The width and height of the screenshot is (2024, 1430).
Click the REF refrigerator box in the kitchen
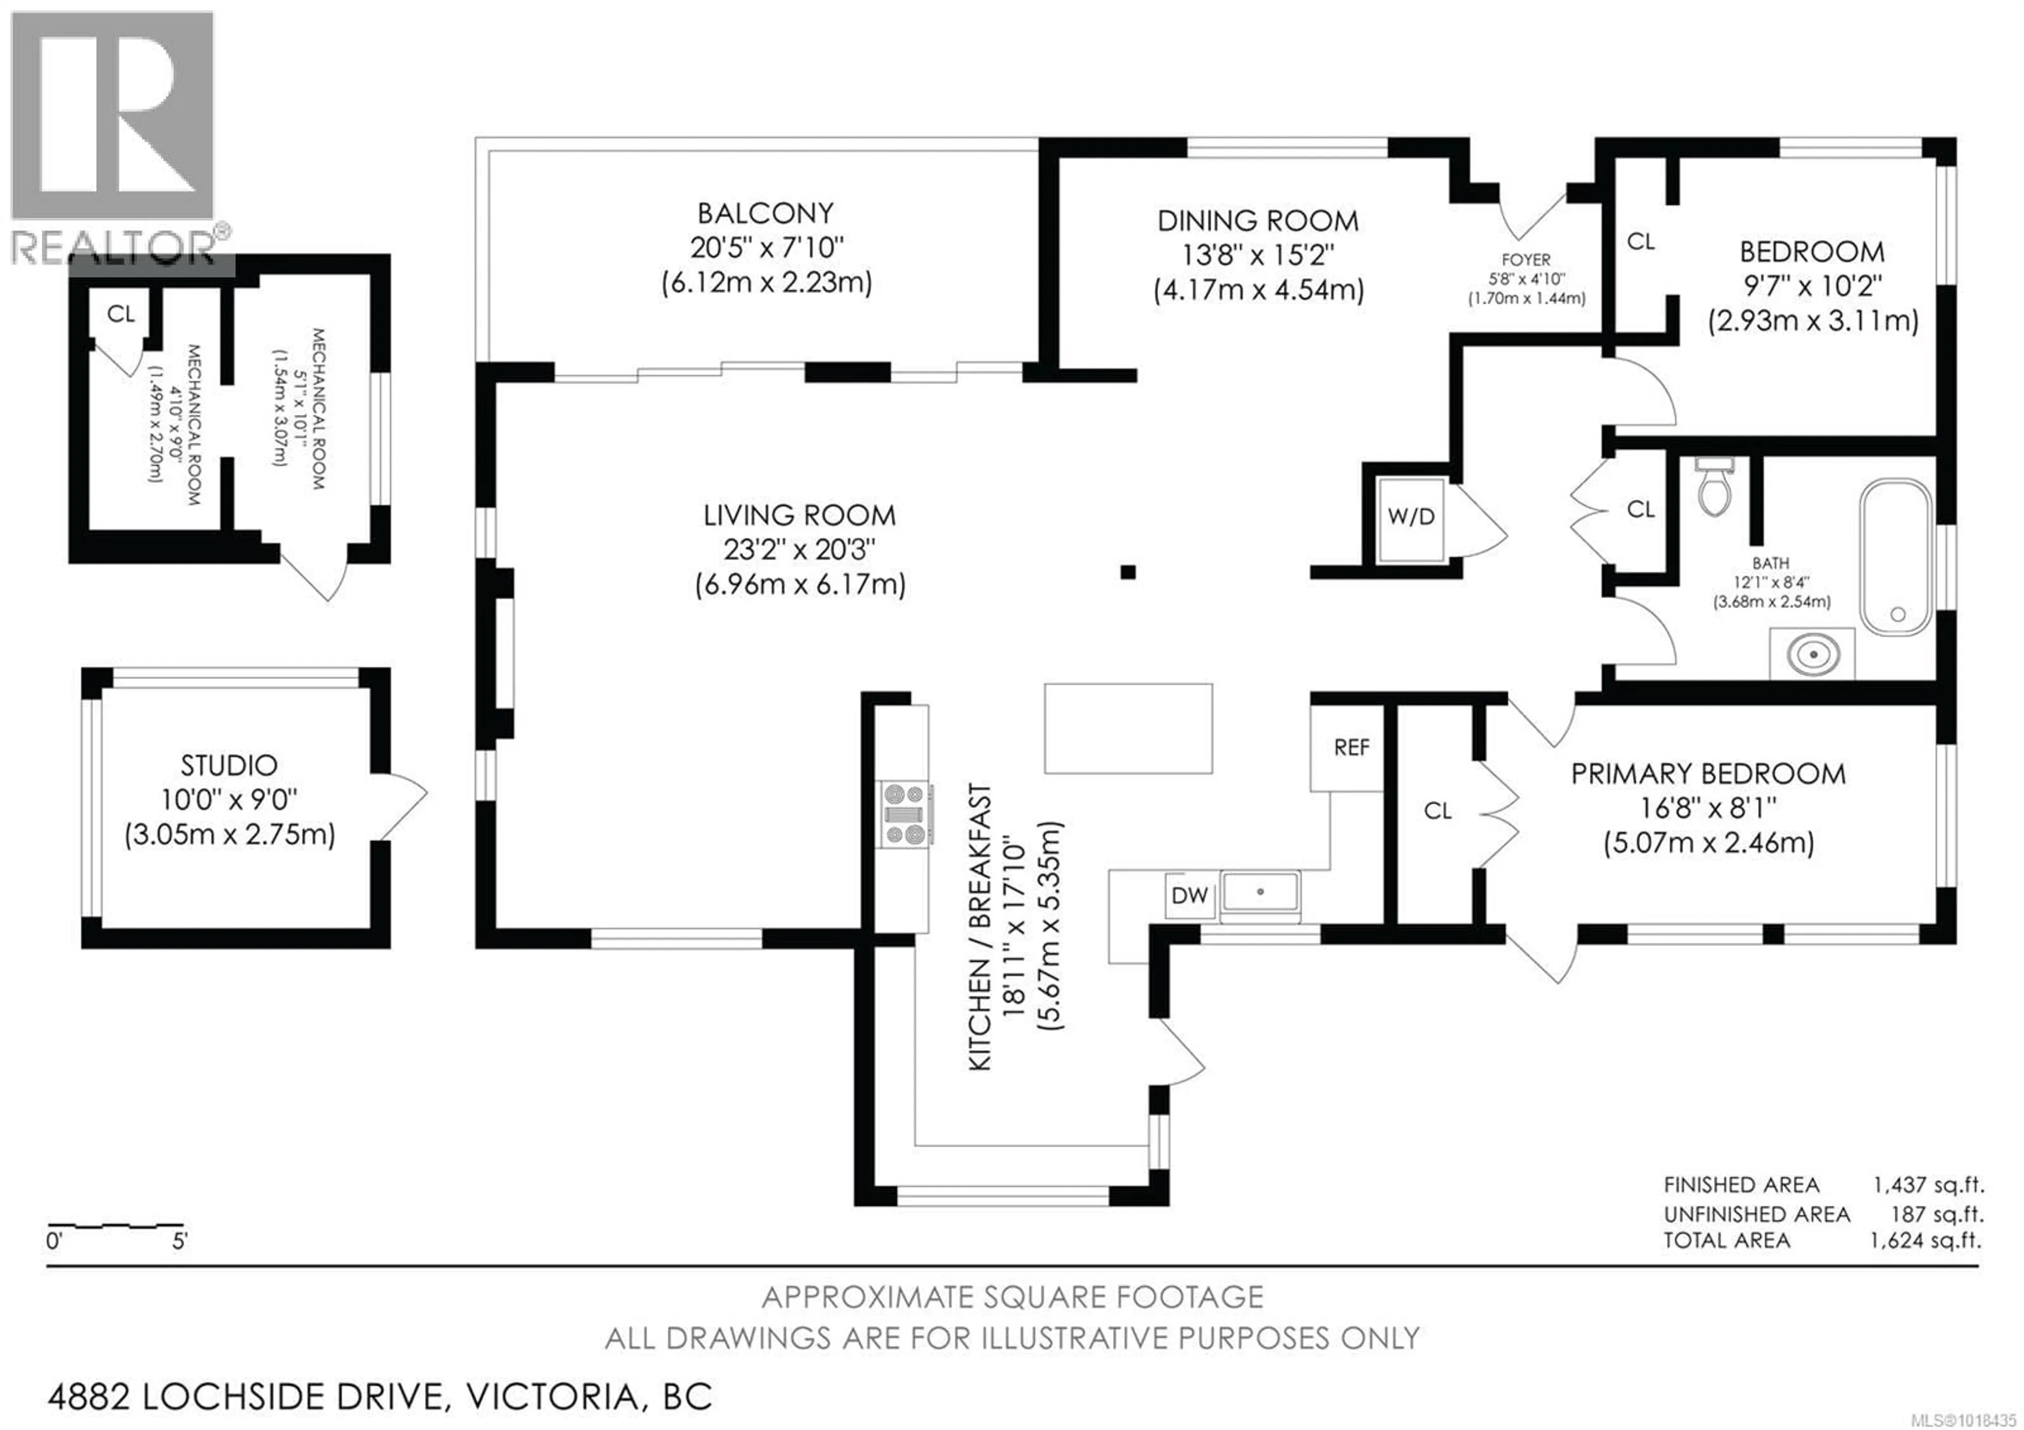point(1350,748)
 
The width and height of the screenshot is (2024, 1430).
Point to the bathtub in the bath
point(1896,555)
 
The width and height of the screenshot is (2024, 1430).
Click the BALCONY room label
point(765,214)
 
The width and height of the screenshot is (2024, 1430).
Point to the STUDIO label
point(229,765)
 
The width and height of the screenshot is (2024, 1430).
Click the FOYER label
point(1526,260)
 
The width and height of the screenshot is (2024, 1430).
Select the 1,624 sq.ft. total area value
point(1925,1241)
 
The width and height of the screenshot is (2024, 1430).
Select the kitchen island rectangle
point(1127,728)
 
